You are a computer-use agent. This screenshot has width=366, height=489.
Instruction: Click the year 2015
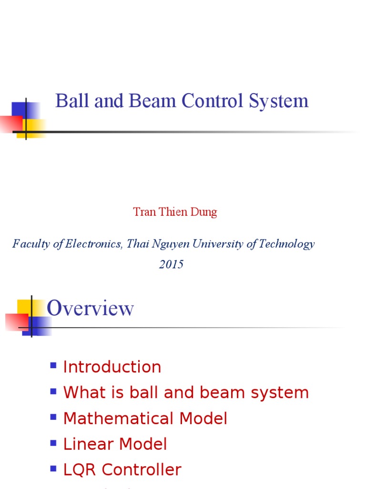[x=171, y=265]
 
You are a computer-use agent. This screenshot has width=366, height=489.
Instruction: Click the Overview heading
[x=90, y=308]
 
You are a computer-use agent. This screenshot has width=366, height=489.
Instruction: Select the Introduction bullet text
[x=112, y=367]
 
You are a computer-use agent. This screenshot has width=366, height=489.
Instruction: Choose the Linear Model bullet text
[x=115, y=445]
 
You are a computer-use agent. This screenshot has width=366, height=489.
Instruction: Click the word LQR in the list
[x=79, y=470]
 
